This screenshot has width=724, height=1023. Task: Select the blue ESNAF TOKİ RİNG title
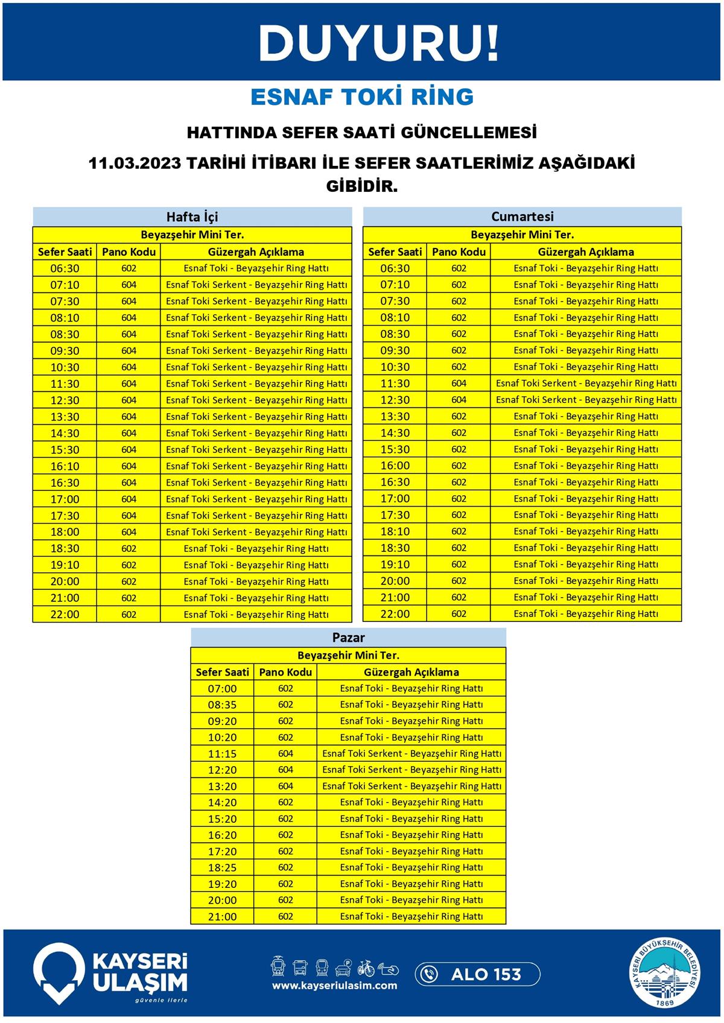(362, 97)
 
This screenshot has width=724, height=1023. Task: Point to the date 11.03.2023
(135, 163)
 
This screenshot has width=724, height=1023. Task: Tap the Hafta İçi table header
(192, 217)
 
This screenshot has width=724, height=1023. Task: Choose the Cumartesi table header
(522, 217)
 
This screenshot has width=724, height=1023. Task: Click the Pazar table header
(348, 638)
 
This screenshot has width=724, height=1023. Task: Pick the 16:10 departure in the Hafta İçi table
(65, 466)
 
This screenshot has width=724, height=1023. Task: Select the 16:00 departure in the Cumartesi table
(395, 466)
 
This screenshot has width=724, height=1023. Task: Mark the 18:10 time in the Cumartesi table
(395, 531)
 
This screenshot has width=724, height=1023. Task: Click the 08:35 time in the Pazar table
(222, 705)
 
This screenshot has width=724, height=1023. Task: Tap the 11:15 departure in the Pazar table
(222, 753)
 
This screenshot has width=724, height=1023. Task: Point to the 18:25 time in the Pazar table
(222, 867)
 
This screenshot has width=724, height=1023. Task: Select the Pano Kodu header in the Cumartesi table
(459, 252)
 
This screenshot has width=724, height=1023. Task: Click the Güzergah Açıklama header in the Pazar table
(411, 672)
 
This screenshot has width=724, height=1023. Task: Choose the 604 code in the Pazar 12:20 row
(285, 770)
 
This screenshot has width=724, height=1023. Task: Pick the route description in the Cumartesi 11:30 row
(586, 383)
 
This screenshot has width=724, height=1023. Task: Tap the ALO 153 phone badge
(477, 974)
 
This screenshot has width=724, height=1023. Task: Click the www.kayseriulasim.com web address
(334, 986)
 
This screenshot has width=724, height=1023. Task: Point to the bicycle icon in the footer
(366, 968)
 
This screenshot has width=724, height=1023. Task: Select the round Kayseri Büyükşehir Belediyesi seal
(666, 974)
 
